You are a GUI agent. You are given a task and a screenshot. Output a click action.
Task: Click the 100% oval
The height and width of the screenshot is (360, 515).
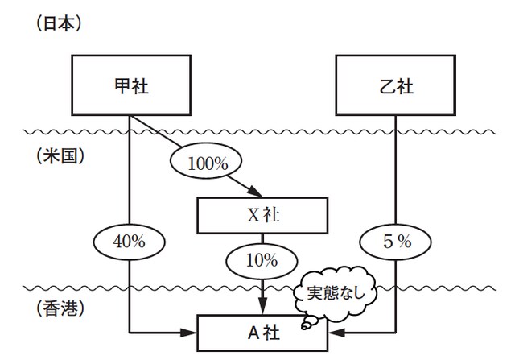coord(208,162)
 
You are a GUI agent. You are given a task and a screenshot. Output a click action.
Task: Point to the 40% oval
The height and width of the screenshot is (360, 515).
coord(130,240)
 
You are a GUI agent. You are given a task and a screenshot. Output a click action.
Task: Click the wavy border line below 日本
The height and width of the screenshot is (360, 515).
coord(257,131)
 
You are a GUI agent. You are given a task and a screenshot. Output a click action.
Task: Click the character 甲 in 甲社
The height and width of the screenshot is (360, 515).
coord(121,85)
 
